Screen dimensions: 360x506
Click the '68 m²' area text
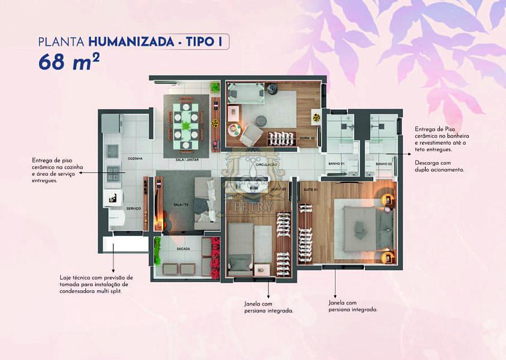65,62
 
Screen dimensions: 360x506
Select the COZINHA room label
134,158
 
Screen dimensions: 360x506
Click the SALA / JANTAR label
187,160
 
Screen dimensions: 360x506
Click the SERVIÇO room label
133,208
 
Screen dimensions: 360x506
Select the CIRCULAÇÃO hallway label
265,164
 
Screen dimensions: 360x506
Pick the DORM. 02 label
307,138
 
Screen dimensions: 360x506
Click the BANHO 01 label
336,164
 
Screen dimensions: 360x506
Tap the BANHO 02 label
384,164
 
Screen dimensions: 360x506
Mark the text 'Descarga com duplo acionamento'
438,166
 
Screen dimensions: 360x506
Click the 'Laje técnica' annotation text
96,284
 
